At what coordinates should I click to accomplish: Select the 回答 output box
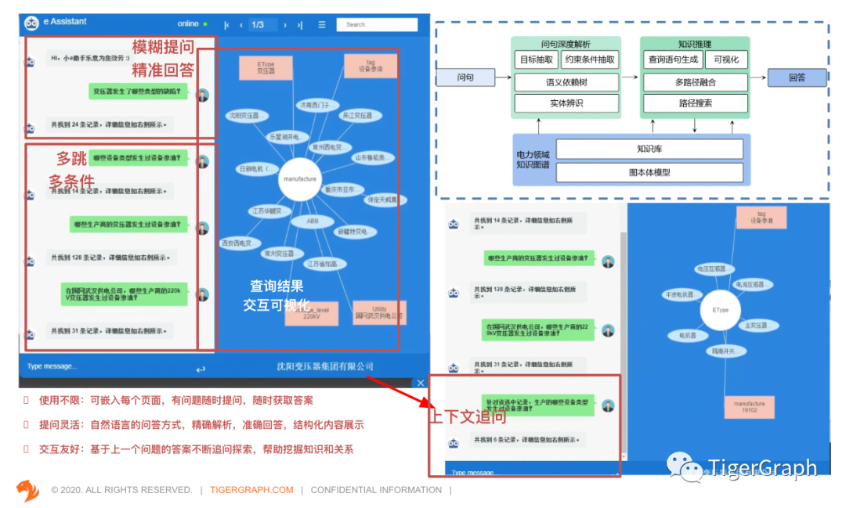[x=797, y=77]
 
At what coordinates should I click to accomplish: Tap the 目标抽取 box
[x=536, y=59]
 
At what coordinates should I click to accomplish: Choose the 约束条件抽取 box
[x=589, y=59]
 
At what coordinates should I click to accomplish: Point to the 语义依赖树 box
[x=565, y=81]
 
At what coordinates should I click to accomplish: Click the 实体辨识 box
[x=565, y=103]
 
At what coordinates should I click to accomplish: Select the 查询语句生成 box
[x=672, y=59]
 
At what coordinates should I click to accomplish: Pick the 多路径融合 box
[x=695, y=81]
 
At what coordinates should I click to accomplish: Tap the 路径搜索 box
[x=695, y=103]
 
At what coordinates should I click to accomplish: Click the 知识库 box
[x=649, y=149]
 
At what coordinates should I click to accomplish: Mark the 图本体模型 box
[x=649, y=172]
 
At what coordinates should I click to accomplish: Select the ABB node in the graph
[x=313, y=222]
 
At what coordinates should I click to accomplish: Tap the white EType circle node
[x=721, y=310]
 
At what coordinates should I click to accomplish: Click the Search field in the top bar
[x=377, y=25]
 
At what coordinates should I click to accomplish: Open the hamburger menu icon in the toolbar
[x=321, y=25]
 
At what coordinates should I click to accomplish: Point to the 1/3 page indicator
[x=258, y=25]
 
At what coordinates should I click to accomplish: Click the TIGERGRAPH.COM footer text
[x=251, y=490]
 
